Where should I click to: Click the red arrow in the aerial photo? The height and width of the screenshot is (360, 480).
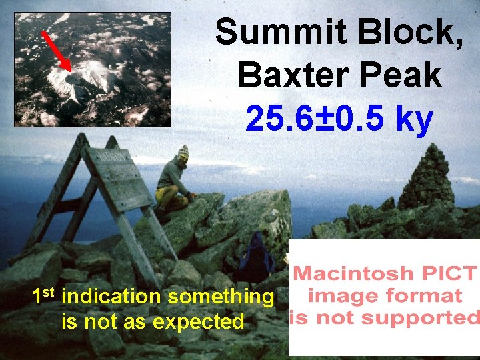(x=57, y=51)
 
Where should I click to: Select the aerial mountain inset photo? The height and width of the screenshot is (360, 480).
(x=93, y=69)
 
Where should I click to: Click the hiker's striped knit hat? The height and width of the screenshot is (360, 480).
(x=183, y=151)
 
